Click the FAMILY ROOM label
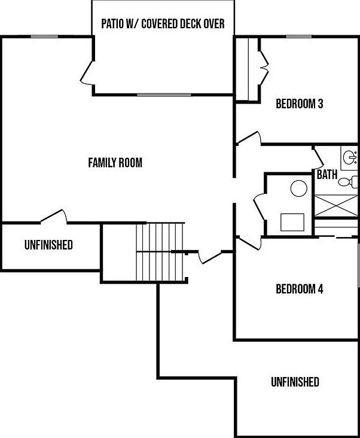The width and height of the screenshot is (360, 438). tap(115, 162)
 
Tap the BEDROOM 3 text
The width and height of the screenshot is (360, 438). tap(299, 104)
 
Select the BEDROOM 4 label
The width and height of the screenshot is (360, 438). tap(299, 290)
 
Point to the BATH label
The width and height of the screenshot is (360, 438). tap(327, 175)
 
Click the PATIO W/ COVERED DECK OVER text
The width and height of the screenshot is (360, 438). tap(163, 24)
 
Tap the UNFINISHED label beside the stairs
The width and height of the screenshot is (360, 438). tap(48, 245)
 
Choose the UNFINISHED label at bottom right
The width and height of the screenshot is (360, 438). tap(294, 382)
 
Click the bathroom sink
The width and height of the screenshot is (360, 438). tap(350, 158)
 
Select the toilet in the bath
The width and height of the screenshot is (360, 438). tap(346, 181)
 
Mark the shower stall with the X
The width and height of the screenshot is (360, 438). tap(335, 206)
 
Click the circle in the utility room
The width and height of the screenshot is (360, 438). tap(298, 189)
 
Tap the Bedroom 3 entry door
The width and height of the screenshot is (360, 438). tap(248, 138)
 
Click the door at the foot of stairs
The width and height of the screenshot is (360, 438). tap(209, 257)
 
